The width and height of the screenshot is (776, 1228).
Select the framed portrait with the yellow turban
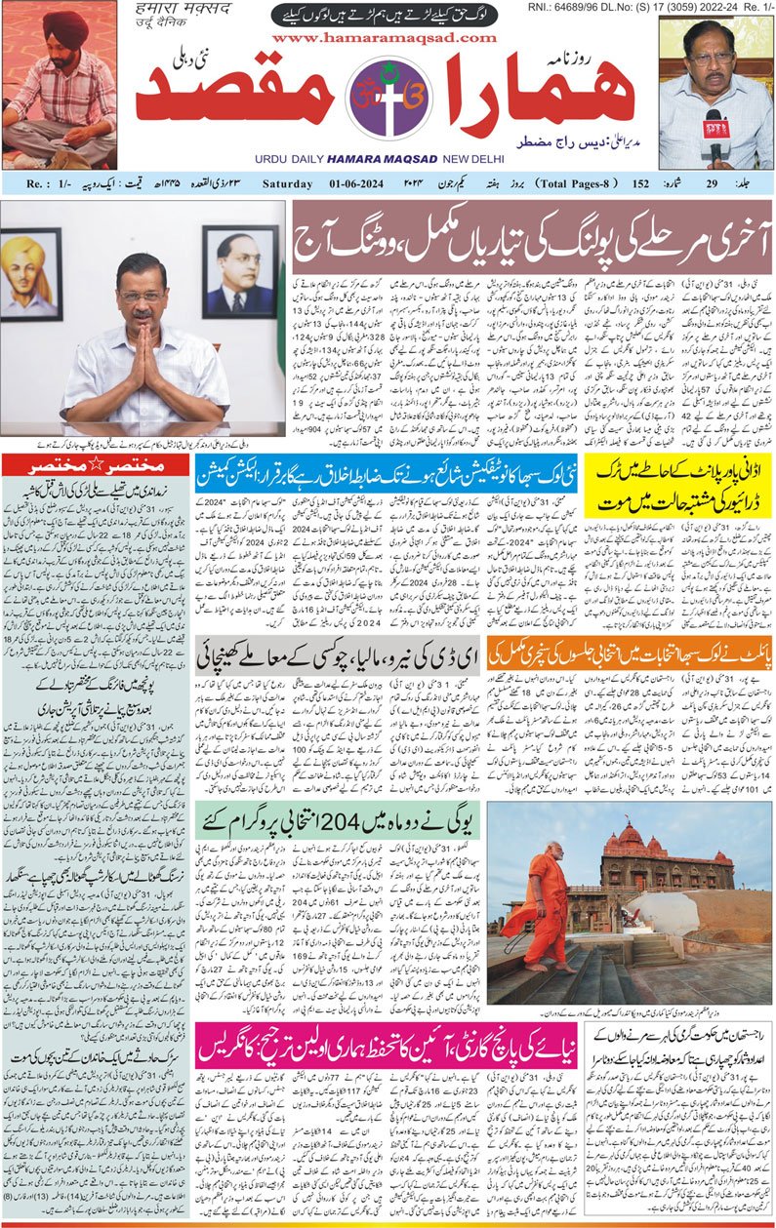pyautogui.click(x=30, y=277)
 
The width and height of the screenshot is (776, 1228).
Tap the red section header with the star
pyautogui.click(x=95, y=465)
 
